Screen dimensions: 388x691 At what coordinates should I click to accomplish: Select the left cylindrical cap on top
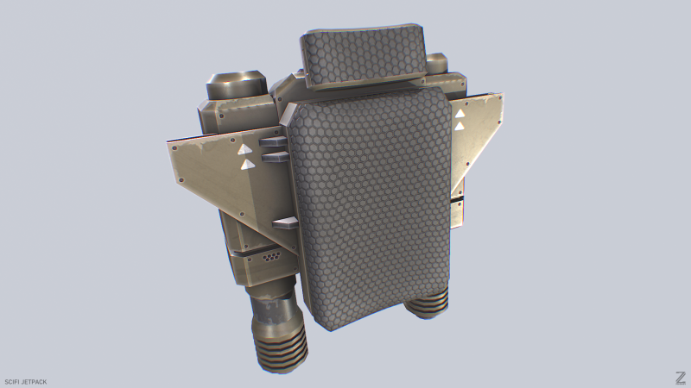pyautogui.click(x=235, y=84)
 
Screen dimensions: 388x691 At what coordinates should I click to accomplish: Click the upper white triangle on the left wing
pyautogui.click(x=244, y=150)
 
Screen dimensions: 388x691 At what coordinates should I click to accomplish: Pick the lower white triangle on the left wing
pyautogui.click(x=248, y=164)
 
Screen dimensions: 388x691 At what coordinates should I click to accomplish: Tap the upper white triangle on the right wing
pyautogui.click(x=460, y=114)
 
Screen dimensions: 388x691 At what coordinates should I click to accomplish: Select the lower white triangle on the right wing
pyautogui.click(x=460, y=127)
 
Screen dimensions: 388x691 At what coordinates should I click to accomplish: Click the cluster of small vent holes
pyautogui.click(x=270, y=256)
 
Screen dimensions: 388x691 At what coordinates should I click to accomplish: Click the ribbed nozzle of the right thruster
pyautogui.click(x=427, y=304)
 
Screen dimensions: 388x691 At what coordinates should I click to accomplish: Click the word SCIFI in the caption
pyautogui.click(x=11, y=381)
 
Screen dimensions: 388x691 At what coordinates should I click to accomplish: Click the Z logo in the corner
pyautogui.click(x=681, y=378)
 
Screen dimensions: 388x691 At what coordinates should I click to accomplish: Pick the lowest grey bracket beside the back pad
pyautogui.click(x=286, y=223)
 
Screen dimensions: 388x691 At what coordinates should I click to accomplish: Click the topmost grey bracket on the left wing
pyautogui.click(x=273, y=141)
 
